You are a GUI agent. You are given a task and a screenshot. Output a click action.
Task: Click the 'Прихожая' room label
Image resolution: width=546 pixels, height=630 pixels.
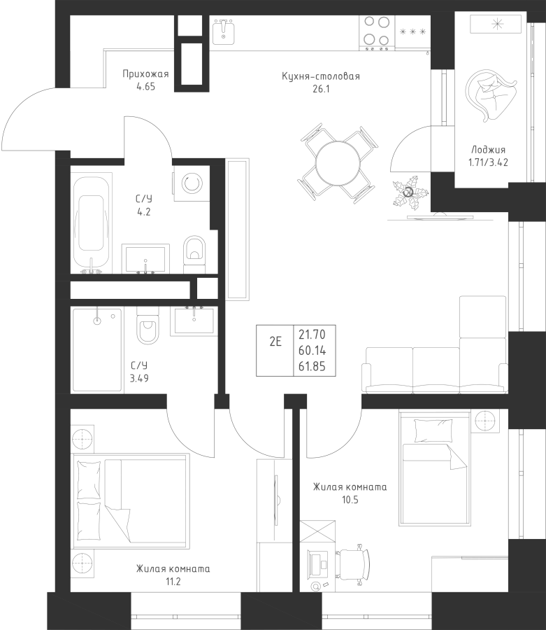[x=145, y=74]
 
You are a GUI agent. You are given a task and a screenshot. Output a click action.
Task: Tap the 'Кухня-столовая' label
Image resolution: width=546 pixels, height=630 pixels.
[x=321, y=76]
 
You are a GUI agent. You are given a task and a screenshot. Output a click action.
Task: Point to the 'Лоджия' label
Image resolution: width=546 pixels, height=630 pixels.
[x=488, y=150]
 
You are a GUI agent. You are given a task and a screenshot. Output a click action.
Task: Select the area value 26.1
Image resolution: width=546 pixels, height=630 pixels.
[x=321, y=89]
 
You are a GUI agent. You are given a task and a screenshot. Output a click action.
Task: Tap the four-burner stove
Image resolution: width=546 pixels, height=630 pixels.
[x=377, y=33]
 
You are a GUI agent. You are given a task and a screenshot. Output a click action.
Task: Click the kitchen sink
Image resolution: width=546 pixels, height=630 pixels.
[x=224, y=31]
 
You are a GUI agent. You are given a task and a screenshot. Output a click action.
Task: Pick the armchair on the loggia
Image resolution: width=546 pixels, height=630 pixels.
[x=489, y=94]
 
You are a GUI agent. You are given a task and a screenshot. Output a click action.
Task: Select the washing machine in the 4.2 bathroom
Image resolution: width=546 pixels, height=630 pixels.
[x=192, y=184]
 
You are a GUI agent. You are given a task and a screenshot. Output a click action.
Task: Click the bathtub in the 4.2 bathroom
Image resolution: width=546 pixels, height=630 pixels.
[x=91, y=223]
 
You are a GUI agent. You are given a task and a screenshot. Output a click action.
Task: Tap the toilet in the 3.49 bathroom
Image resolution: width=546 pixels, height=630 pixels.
[x=148, y=325]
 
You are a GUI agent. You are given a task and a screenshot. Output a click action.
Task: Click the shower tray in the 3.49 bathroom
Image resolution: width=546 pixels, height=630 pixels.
[x=96, y=349]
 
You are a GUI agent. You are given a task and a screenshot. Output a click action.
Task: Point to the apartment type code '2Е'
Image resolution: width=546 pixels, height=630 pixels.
[x=275, y=342]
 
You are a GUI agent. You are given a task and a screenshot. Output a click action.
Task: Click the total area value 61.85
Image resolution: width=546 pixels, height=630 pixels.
[x=312, y=366]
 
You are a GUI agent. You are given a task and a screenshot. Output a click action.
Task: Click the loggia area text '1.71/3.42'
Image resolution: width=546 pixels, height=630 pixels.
[x=488, y=162]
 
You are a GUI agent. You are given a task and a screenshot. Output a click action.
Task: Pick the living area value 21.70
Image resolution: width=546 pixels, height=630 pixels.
[x=312, y=334]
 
